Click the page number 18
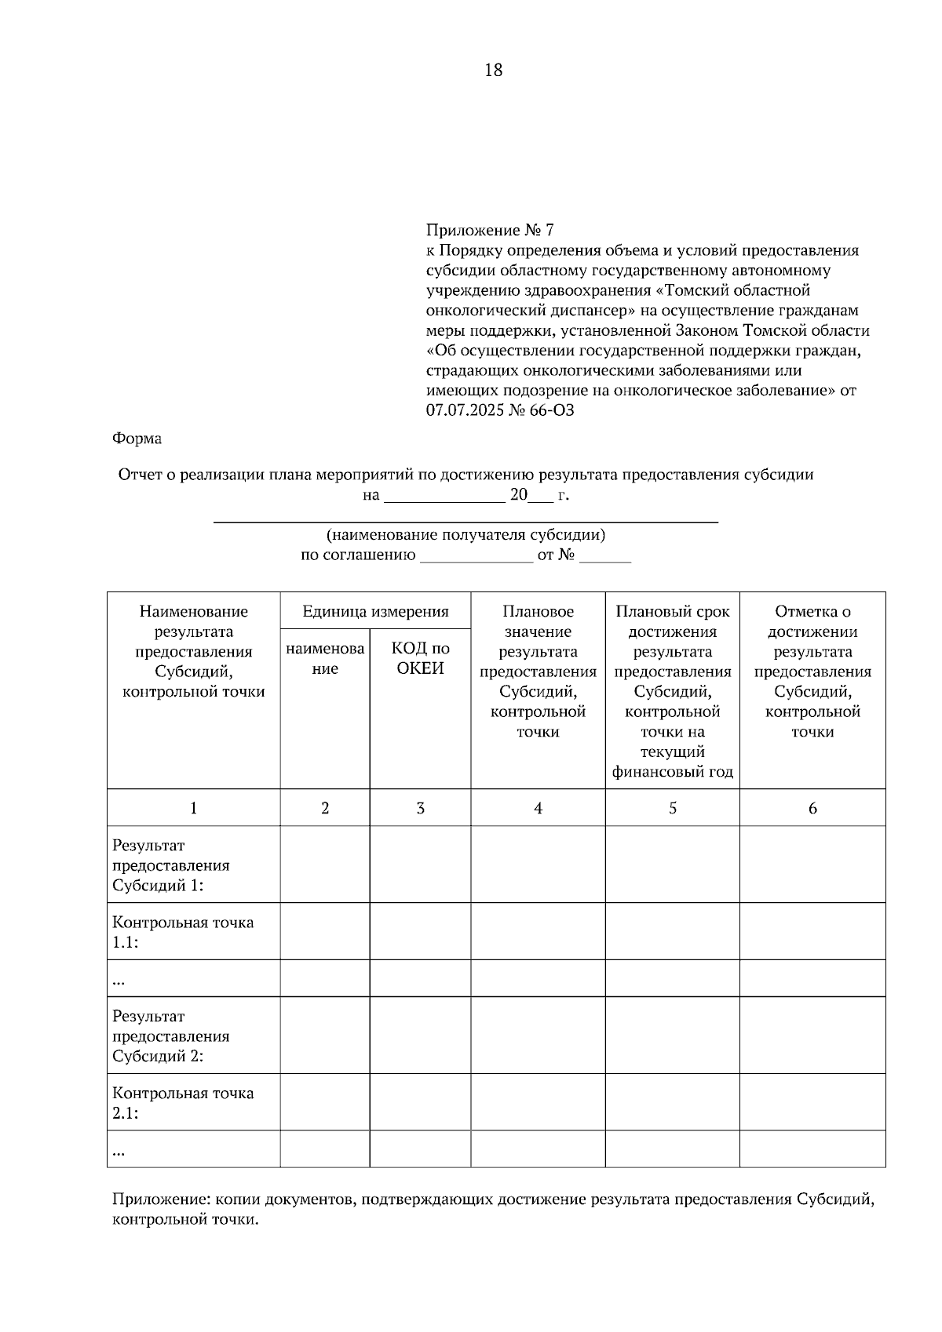pos(493,71)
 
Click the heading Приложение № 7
pos(490,230)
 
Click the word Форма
pos(137,439)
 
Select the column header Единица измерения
pos(375,611)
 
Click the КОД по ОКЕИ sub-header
pos(420,658)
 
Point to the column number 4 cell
pos(538,808)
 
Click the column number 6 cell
pos(812,808)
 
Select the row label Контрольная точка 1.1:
pos(183,932)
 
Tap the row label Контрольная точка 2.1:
pos(183,1102)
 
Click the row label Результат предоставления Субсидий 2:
pos(171,1035)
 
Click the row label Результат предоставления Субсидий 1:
pos(171,865)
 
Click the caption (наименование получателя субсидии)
pos(466,535)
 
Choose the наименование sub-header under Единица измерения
pos(325,658)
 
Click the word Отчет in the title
pos(139,475)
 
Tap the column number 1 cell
pos(193,808)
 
